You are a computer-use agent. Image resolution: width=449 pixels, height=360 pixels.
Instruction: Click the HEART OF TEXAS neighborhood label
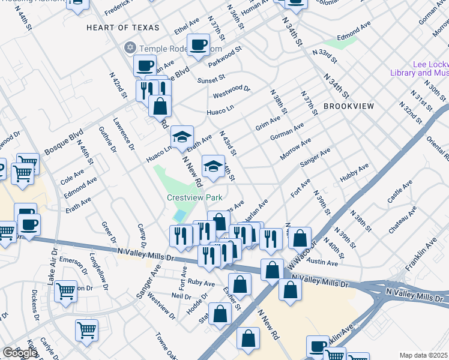point(123,28)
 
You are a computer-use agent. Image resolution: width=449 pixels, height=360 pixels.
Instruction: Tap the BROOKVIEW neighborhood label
point(348,106)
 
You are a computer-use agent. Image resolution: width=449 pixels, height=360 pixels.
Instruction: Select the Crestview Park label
point(194,197)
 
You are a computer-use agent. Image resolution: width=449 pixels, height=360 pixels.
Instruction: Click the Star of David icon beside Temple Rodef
point(129,47)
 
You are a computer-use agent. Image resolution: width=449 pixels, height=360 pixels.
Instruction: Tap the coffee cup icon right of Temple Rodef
point(198,44)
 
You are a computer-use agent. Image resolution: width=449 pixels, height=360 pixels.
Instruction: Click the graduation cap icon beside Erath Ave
point(182,136)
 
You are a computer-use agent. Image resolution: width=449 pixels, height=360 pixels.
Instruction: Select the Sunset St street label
point(210,79)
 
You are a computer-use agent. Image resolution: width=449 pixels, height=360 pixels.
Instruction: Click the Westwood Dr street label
point(231,92)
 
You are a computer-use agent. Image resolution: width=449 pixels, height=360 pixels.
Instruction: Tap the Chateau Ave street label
point(402,220)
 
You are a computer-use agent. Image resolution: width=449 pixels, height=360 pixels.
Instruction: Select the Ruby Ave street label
point(201,283)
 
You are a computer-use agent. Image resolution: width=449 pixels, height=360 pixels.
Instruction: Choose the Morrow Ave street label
point(295,150)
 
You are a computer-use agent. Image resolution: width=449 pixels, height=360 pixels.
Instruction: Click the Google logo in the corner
point(19,353)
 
